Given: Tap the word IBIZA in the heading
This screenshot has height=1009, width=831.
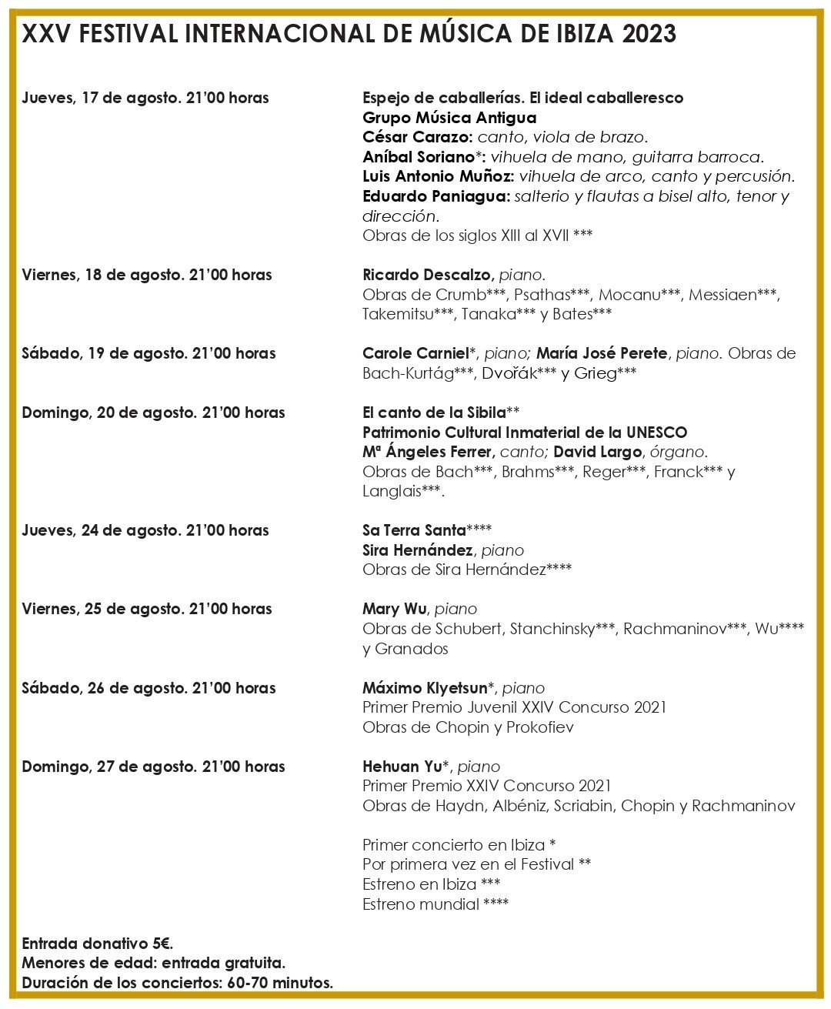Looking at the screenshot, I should point(586,34).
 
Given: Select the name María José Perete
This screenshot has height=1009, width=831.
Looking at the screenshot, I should point(601,353).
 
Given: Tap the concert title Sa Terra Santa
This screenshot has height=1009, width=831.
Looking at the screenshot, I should point(414,530).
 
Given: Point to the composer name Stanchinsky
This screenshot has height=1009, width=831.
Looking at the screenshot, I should point(552,629).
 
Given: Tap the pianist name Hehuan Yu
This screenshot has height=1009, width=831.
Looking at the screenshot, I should point(402,767).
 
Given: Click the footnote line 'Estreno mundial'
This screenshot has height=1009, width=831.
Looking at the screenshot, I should point(435,904).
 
